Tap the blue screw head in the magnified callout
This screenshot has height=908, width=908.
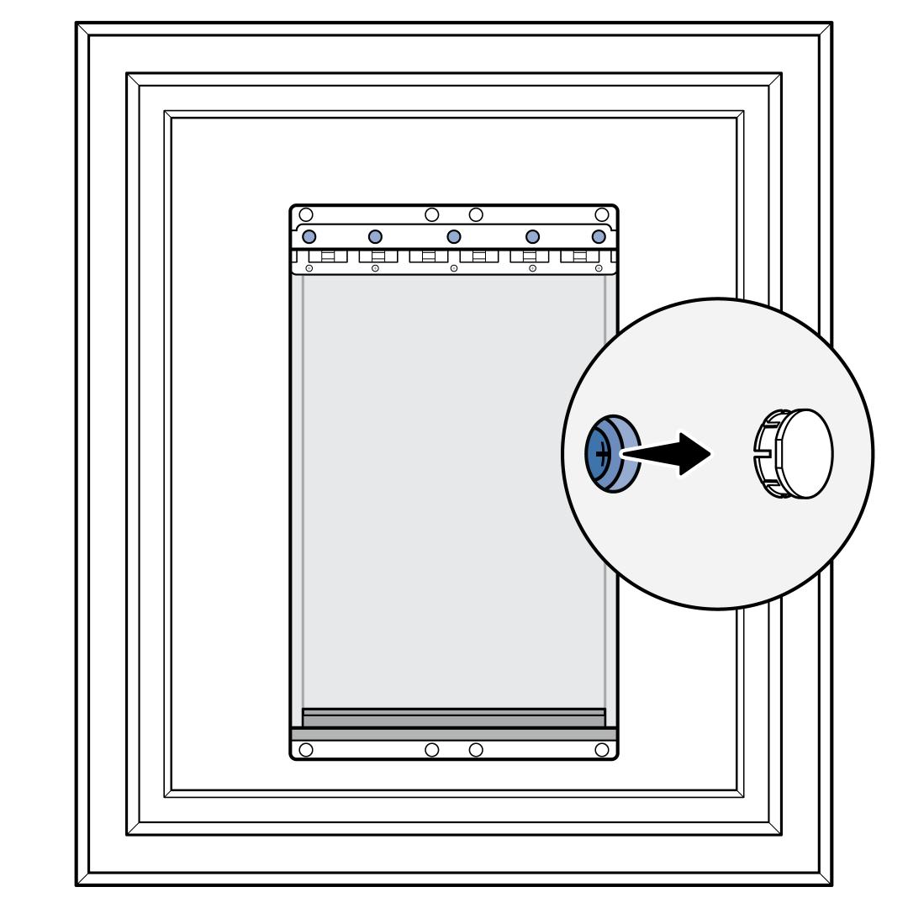coord(611,454)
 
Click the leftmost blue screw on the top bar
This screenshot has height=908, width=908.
coord(309,235)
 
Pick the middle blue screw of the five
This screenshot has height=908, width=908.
coord(454,235)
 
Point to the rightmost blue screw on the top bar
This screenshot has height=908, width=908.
coord(599,235)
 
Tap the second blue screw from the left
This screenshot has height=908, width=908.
coord(375,235)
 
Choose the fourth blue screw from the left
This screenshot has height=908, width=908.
coord(532,235)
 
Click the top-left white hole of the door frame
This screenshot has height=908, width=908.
coord(306,214)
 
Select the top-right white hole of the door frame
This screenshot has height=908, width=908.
coord(602,214)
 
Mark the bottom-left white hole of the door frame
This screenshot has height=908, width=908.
coord(306,749)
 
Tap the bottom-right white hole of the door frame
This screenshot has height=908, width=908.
coord(602,749)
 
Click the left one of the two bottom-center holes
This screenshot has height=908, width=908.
coord(432,749)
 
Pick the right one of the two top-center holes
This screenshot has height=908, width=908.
coord(476,214)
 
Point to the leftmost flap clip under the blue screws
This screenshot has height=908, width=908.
coord(327,256)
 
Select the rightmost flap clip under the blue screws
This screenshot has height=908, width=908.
coord(580,256)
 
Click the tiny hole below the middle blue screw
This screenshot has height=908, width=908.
coord(454,268)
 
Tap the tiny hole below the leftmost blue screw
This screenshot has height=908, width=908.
coord(309,268)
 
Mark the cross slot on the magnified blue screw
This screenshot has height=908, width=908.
coord(601,454)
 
